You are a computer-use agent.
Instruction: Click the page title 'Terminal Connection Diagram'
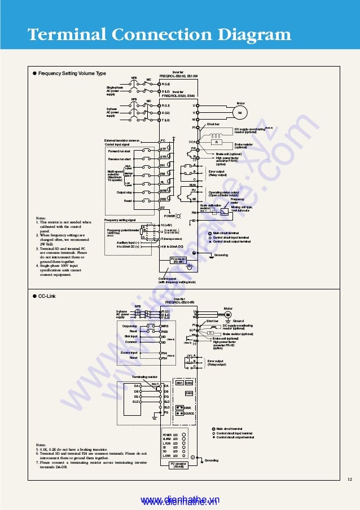click(x=159, y=35)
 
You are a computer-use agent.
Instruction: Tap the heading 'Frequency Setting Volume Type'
click(x=72, y=73)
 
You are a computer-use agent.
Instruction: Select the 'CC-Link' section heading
click(x=47, y=296)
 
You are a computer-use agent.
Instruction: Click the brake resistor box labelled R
click(x=216, y=142)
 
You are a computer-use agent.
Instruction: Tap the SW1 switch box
click(x=179, y=383)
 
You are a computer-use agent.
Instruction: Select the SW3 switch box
click(x=189, y=393)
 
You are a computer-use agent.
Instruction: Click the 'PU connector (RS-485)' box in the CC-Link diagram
click(x=178, y=465)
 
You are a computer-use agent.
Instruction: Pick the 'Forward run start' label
click(x=119, y=151)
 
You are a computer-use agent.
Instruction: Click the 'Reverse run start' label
click(x=119, y=159)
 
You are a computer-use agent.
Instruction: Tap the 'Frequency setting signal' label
click(x=120, y=219)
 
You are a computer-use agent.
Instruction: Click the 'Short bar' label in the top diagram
click(x=213, y=124)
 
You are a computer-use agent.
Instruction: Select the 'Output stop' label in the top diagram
click(x=124, y=192)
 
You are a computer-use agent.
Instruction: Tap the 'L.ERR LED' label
click(x=170, y=456)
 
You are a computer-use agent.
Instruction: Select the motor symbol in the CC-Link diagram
click(x=228, y=315)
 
